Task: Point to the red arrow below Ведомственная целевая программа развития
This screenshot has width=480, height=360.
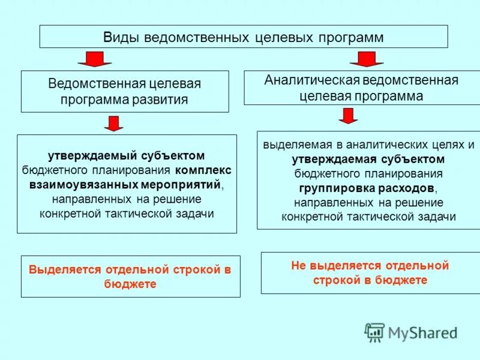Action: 113,124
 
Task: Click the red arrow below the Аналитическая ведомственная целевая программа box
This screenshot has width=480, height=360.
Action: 348,116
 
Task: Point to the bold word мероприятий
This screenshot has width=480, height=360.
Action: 181,184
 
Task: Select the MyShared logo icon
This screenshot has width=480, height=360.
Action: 374,332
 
